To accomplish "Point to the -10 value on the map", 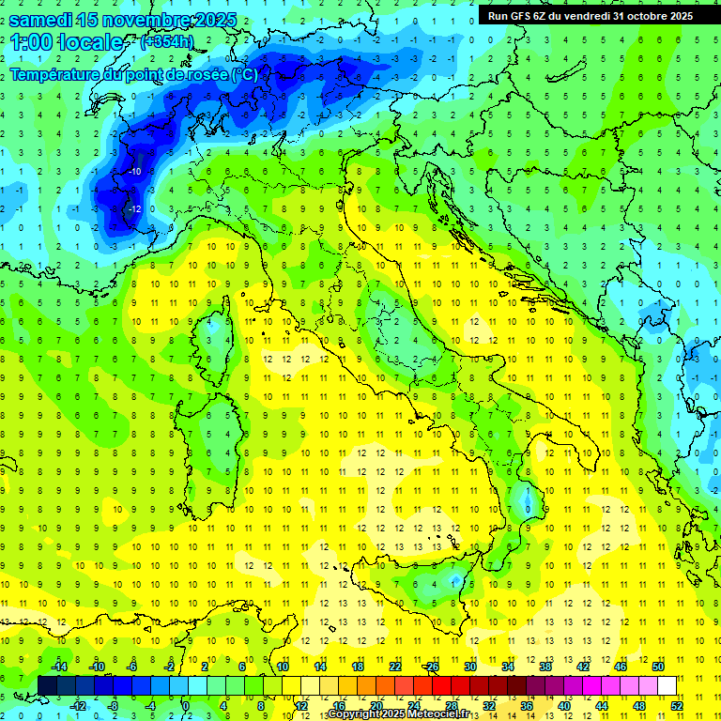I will click(x=134, y=172).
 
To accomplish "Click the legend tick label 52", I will click(x=677, y=706).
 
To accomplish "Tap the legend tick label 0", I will click(x=185, y=706).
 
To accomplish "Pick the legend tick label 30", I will click(x=470, y=667).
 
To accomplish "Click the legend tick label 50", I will click(x=657, y=667).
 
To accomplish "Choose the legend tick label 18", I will click(x=358, y=667).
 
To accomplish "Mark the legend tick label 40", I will click(x=564, y=706).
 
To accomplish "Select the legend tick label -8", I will click(x=113, y=706).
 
